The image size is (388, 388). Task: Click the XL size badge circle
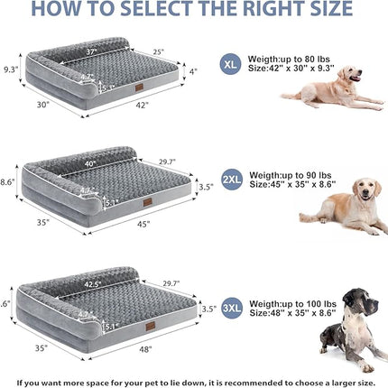pos(232,65)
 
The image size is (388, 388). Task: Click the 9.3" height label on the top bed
pos(11,68)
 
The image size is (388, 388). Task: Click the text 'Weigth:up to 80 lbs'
pos(286,59)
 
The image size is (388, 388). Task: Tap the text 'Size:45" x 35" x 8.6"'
pos(290,186)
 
